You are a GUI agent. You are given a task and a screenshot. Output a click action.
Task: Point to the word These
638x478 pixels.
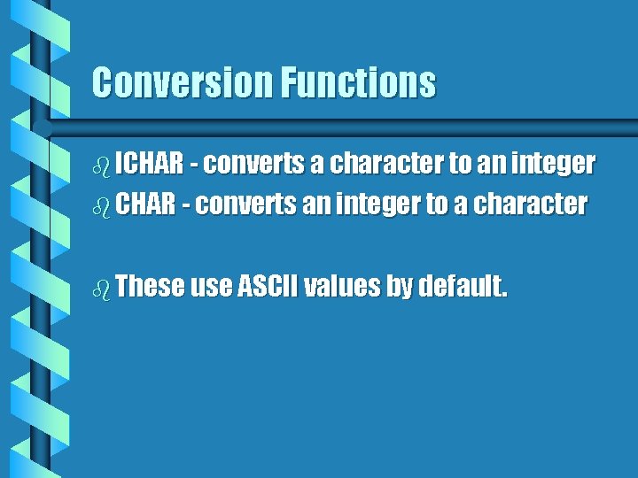(150, 287)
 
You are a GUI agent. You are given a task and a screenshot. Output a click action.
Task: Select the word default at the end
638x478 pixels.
(463, 287)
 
